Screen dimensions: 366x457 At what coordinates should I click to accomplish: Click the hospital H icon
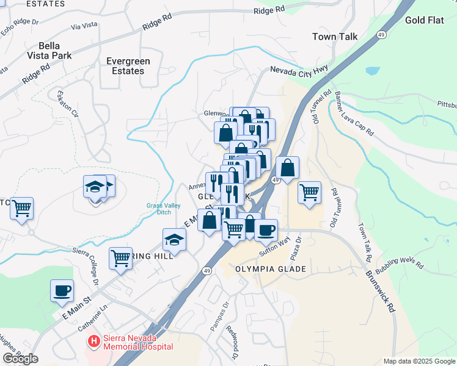click(93, 342)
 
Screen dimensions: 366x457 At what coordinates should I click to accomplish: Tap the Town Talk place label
click(335, 37)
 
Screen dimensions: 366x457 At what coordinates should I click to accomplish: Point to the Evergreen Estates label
click(125, 66)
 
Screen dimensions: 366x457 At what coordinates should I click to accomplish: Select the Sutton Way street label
click(274, 247)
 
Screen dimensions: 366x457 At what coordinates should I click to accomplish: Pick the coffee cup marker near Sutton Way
click(266, 231)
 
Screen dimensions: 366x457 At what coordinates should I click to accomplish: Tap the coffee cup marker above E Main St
click(62, 290)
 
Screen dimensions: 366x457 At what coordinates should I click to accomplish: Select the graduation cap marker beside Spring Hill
click(175, 240)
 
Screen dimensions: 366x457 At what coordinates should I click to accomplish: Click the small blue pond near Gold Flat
click(372, 71)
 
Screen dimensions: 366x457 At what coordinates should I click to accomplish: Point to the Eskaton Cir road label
click(68, 104)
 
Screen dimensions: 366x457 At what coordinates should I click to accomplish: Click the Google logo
click(20, 359)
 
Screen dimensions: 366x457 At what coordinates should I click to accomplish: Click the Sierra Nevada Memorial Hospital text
click(138, 342)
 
